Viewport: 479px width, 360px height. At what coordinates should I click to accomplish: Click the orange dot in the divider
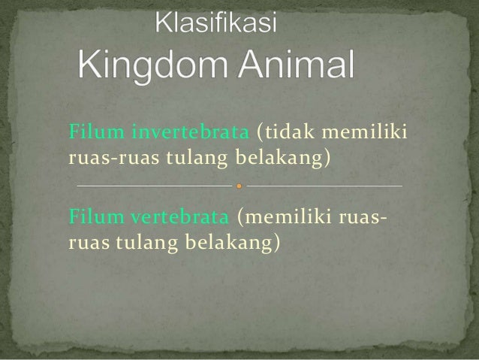239,185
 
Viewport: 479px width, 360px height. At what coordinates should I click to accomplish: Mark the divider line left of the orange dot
154,185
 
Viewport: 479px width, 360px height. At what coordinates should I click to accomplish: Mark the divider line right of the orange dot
324,185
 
